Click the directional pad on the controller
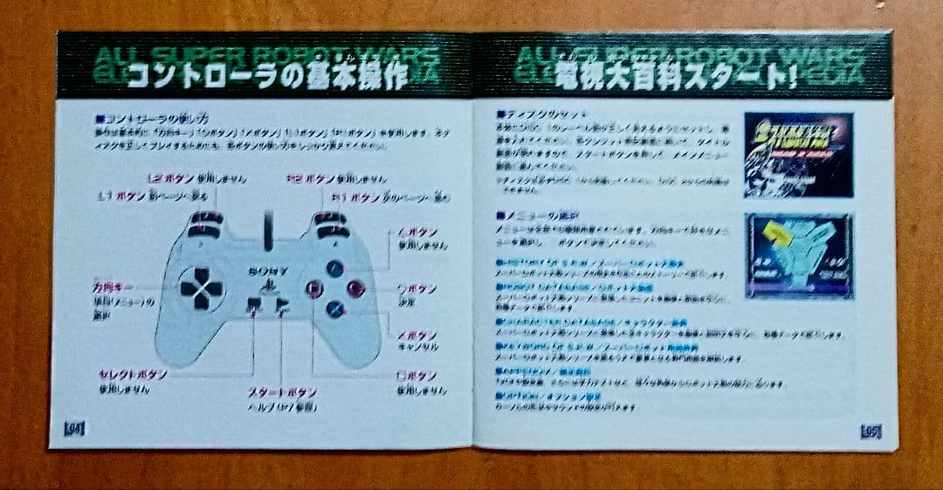click(200, 288)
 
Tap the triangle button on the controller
click(334, 269)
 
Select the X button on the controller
click(334, 307)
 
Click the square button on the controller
click(313, 289)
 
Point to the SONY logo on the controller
click(267, 272)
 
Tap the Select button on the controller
click(253, 306)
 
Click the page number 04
click(74, 428)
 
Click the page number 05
click(870, 431)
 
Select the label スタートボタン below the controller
click(281, 393)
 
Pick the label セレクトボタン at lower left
click(133, 374)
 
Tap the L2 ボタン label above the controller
click(169, 178)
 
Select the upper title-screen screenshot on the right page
click(797, 154)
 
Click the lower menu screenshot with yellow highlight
click(798, 255)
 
